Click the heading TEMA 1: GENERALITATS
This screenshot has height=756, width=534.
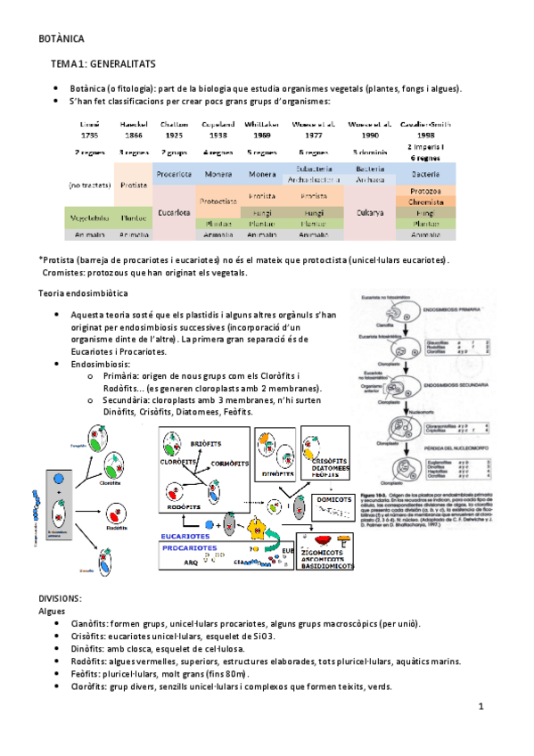pos(103,65)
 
